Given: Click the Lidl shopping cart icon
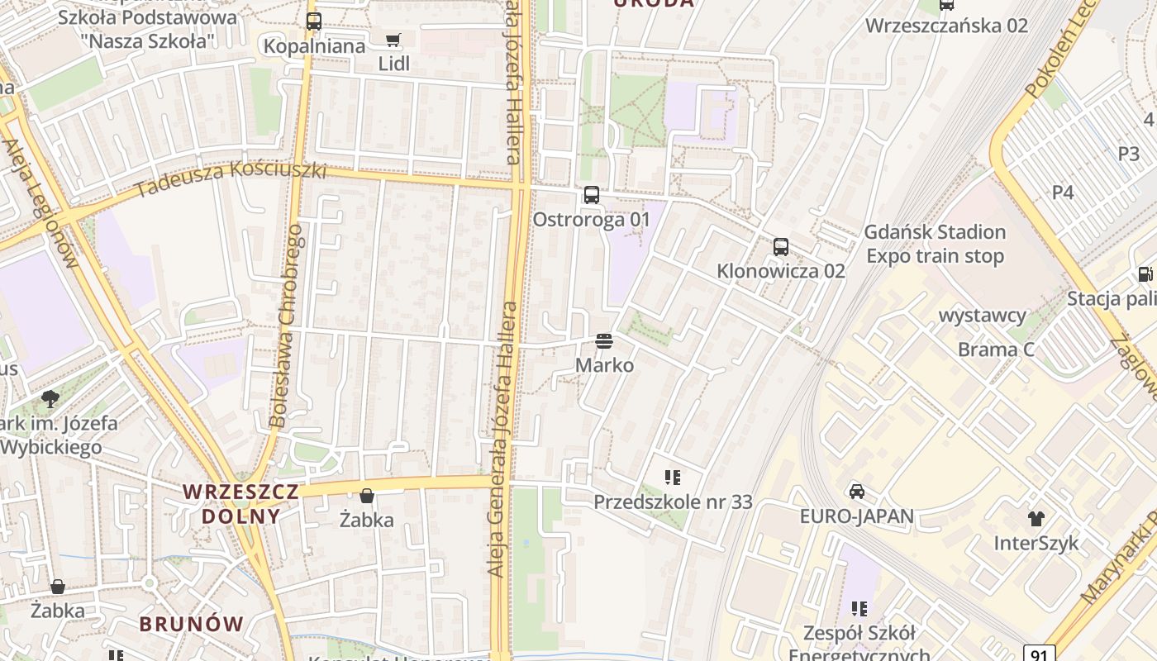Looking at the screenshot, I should coord(393,40).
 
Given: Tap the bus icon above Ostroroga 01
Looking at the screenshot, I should coord(591,195).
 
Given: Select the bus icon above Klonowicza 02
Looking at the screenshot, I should coord(780,246).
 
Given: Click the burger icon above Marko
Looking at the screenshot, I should coord(604,340).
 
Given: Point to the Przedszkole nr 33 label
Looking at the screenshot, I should coord(673,502).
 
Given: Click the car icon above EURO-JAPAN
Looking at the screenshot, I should coord(857,492).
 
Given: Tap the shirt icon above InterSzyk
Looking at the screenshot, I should coord(1036,518).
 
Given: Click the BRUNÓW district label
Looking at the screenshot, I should coord(191,624).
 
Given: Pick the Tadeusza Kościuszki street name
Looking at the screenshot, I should coord(231,179).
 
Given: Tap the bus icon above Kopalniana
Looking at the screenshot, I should coord(313,21).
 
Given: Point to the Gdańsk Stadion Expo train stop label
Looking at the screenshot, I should coord(935,244).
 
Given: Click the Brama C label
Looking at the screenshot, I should coord(996,350).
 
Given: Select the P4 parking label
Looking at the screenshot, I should coord(1063,193).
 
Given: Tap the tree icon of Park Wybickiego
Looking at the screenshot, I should coord(50,399).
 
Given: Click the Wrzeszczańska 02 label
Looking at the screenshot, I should coord(946,26).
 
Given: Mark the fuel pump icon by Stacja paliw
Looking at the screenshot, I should coord(1145,273).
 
